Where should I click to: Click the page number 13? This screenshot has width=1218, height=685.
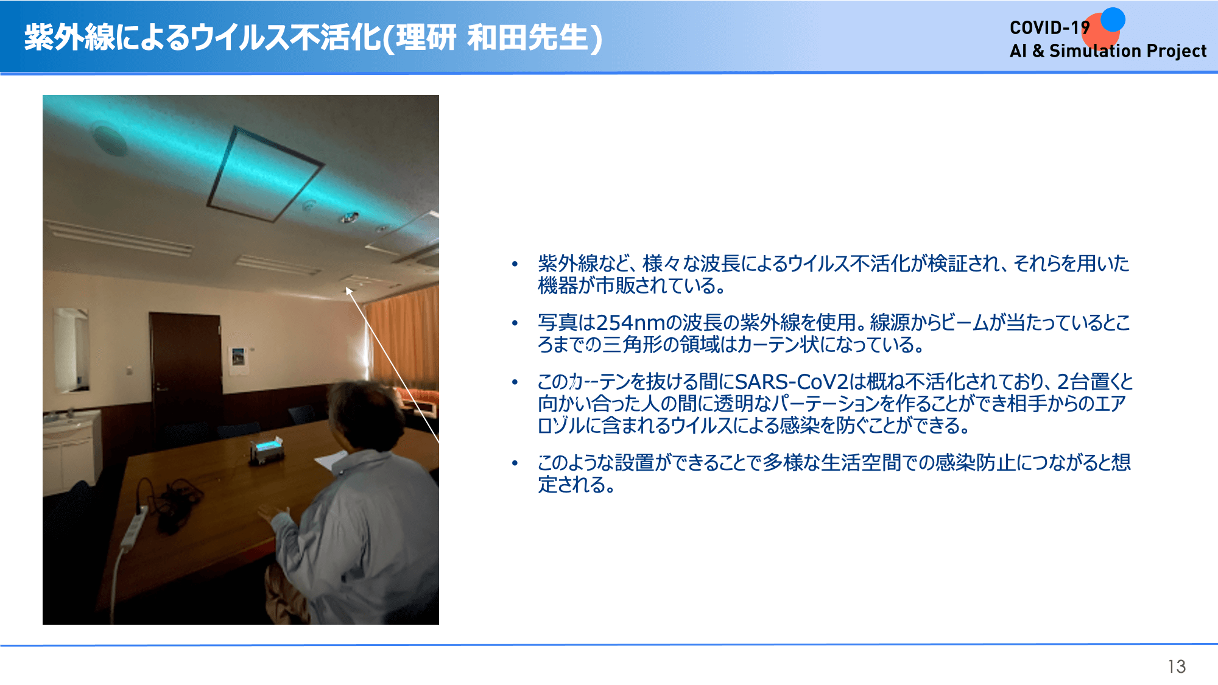click(x=1177, y=667)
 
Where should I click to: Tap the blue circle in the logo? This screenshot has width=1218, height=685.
click(x=1113, y=19)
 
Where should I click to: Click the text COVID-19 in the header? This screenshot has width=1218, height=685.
click(x=1049, y=28)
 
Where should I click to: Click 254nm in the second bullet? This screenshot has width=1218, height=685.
click(x=631, y=323)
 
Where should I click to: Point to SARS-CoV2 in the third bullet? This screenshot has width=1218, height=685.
click(x=792, y=382)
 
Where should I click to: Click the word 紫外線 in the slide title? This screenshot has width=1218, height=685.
click(x=69, y=37)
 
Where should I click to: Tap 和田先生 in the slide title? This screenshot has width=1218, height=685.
click(x=527, y=37)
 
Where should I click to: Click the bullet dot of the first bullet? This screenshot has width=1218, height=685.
click(x=515, y=264)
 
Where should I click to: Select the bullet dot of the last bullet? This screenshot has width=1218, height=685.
click(x=515, y=463)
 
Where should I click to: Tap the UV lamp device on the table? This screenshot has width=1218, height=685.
click(x=267, y=449)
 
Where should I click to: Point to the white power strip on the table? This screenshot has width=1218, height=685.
click(x=133, y=526)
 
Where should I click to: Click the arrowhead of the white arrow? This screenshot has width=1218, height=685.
click(x=349, y=291)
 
